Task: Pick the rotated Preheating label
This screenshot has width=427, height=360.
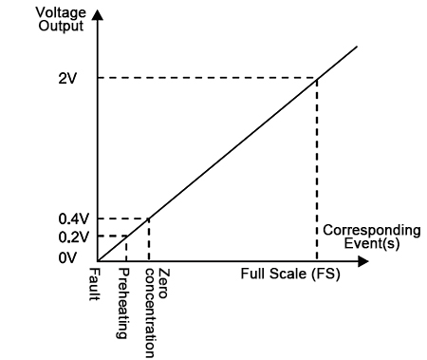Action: [x=123, y=297]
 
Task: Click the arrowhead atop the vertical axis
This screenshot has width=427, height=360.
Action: [x=97, y=17]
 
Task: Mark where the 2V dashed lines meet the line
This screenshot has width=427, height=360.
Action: [x=316, y=78]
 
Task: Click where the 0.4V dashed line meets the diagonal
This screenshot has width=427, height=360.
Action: [x=149, y=218]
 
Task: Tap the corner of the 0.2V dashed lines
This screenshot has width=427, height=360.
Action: [x=126, y=236]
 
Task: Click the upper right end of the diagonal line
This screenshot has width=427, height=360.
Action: [x=358, y=46]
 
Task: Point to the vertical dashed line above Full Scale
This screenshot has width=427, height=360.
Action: [x=316, y=171]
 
